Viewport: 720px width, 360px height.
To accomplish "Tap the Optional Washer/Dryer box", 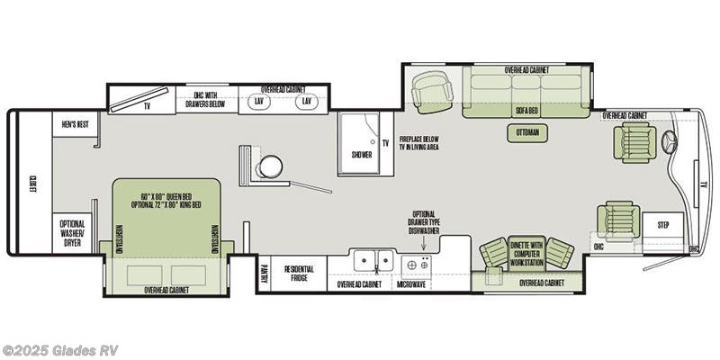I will (73, 232).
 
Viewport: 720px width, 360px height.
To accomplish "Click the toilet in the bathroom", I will (269, 166).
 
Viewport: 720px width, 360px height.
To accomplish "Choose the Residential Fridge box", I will (298, 274).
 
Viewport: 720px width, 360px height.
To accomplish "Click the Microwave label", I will (411, 283).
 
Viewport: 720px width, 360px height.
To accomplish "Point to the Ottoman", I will (527, 131).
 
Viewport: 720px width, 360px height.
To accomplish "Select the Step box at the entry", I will (663, 224).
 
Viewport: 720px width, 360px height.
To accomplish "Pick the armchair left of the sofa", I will (430, 91).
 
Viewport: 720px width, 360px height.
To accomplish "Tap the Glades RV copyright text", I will (59, 350).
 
